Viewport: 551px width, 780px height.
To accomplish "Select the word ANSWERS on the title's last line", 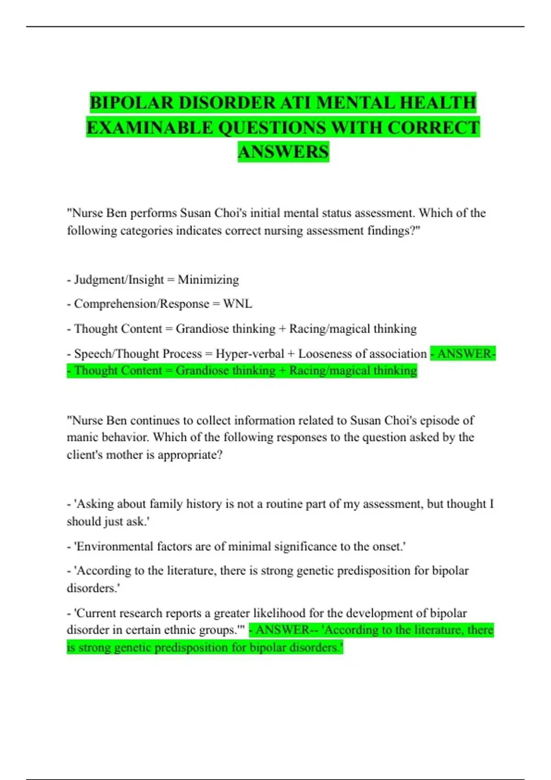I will (283, 152).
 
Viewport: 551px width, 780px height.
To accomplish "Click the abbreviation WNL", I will (237, 304).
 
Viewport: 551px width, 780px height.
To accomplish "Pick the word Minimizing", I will (208, 279).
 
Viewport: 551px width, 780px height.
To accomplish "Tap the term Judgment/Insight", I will (119, 279).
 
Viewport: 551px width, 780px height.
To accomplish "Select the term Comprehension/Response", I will (141, 304).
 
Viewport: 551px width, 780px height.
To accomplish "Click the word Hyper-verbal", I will (250, 354).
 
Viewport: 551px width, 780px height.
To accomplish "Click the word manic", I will (83, 437).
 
